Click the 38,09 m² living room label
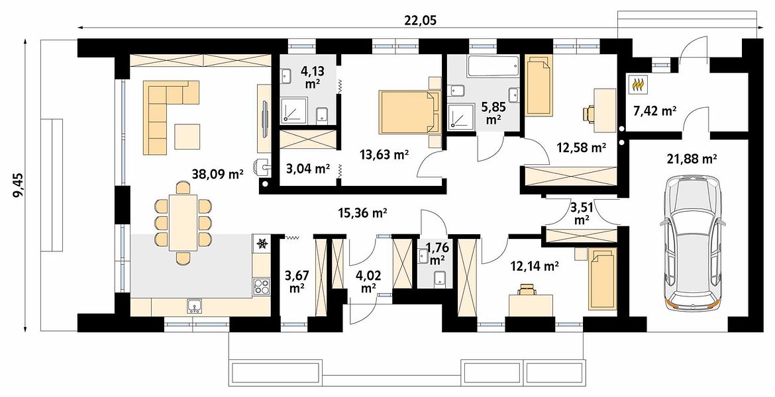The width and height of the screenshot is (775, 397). point(218,173)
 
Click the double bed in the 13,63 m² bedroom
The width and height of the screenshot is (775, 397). point(409,112)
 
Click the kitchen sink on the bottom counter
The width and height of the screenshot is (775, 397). point(194,307)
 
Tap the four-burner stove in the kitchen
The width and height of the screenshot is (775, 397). point(262,287)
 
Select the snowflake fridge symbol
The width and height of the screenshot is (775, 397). point(262,243)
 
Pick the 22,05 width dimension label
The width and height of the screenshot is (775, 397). point(421,21)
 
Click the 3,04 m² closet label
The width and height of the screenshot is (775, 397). point(308,169)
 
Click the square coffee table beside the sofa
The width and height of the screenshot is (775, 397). point(186,137)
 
